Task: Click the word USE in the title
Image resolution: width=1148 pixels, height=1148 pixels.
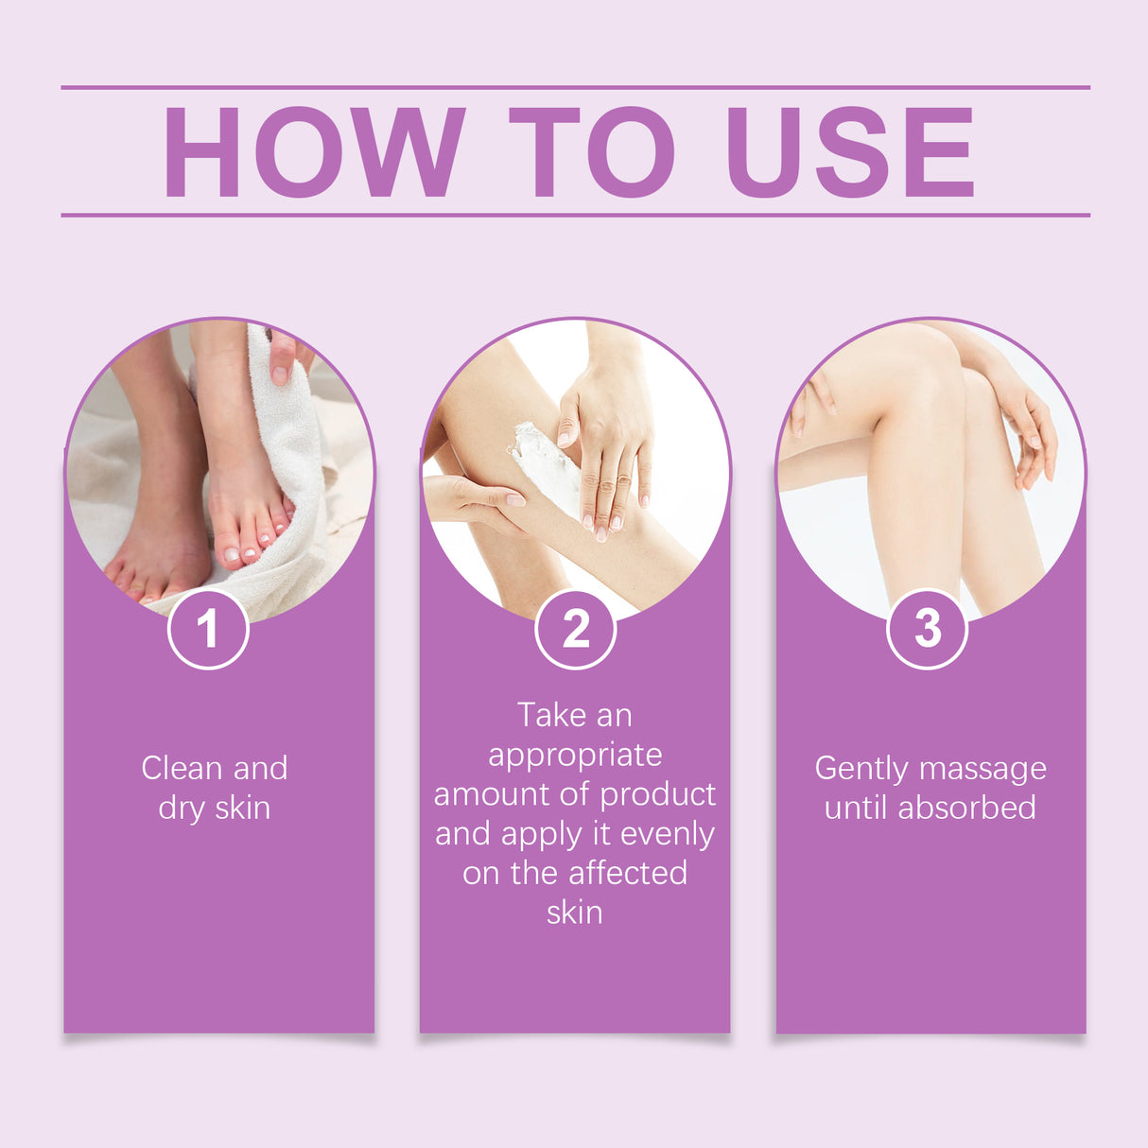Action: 848,152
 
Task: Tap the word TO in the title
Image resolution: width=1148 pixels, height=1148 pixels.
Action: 591,152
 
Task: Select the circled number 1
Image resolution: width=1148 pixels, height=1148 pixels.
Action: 208,629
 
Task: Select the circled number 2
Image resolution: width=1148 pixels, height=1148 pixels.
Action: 575,629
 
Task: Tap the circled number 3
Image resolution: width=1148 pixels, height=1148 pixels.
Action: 928,629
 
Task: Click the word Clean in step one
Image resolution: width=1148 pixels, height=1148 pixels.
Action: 183,768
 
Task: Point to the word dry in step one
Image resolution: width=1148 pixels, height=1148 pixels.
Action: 182,809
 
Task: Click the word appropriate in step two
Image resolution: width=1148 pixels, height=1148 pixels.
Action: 575,756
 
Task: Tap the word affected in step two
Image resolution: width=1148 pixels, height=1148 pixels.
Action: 630,873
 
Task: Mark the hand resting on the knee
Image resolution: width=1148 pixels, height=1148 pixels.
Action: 1026,426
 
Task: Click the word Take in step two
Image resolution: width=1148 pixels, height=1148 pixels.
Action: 551,715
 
